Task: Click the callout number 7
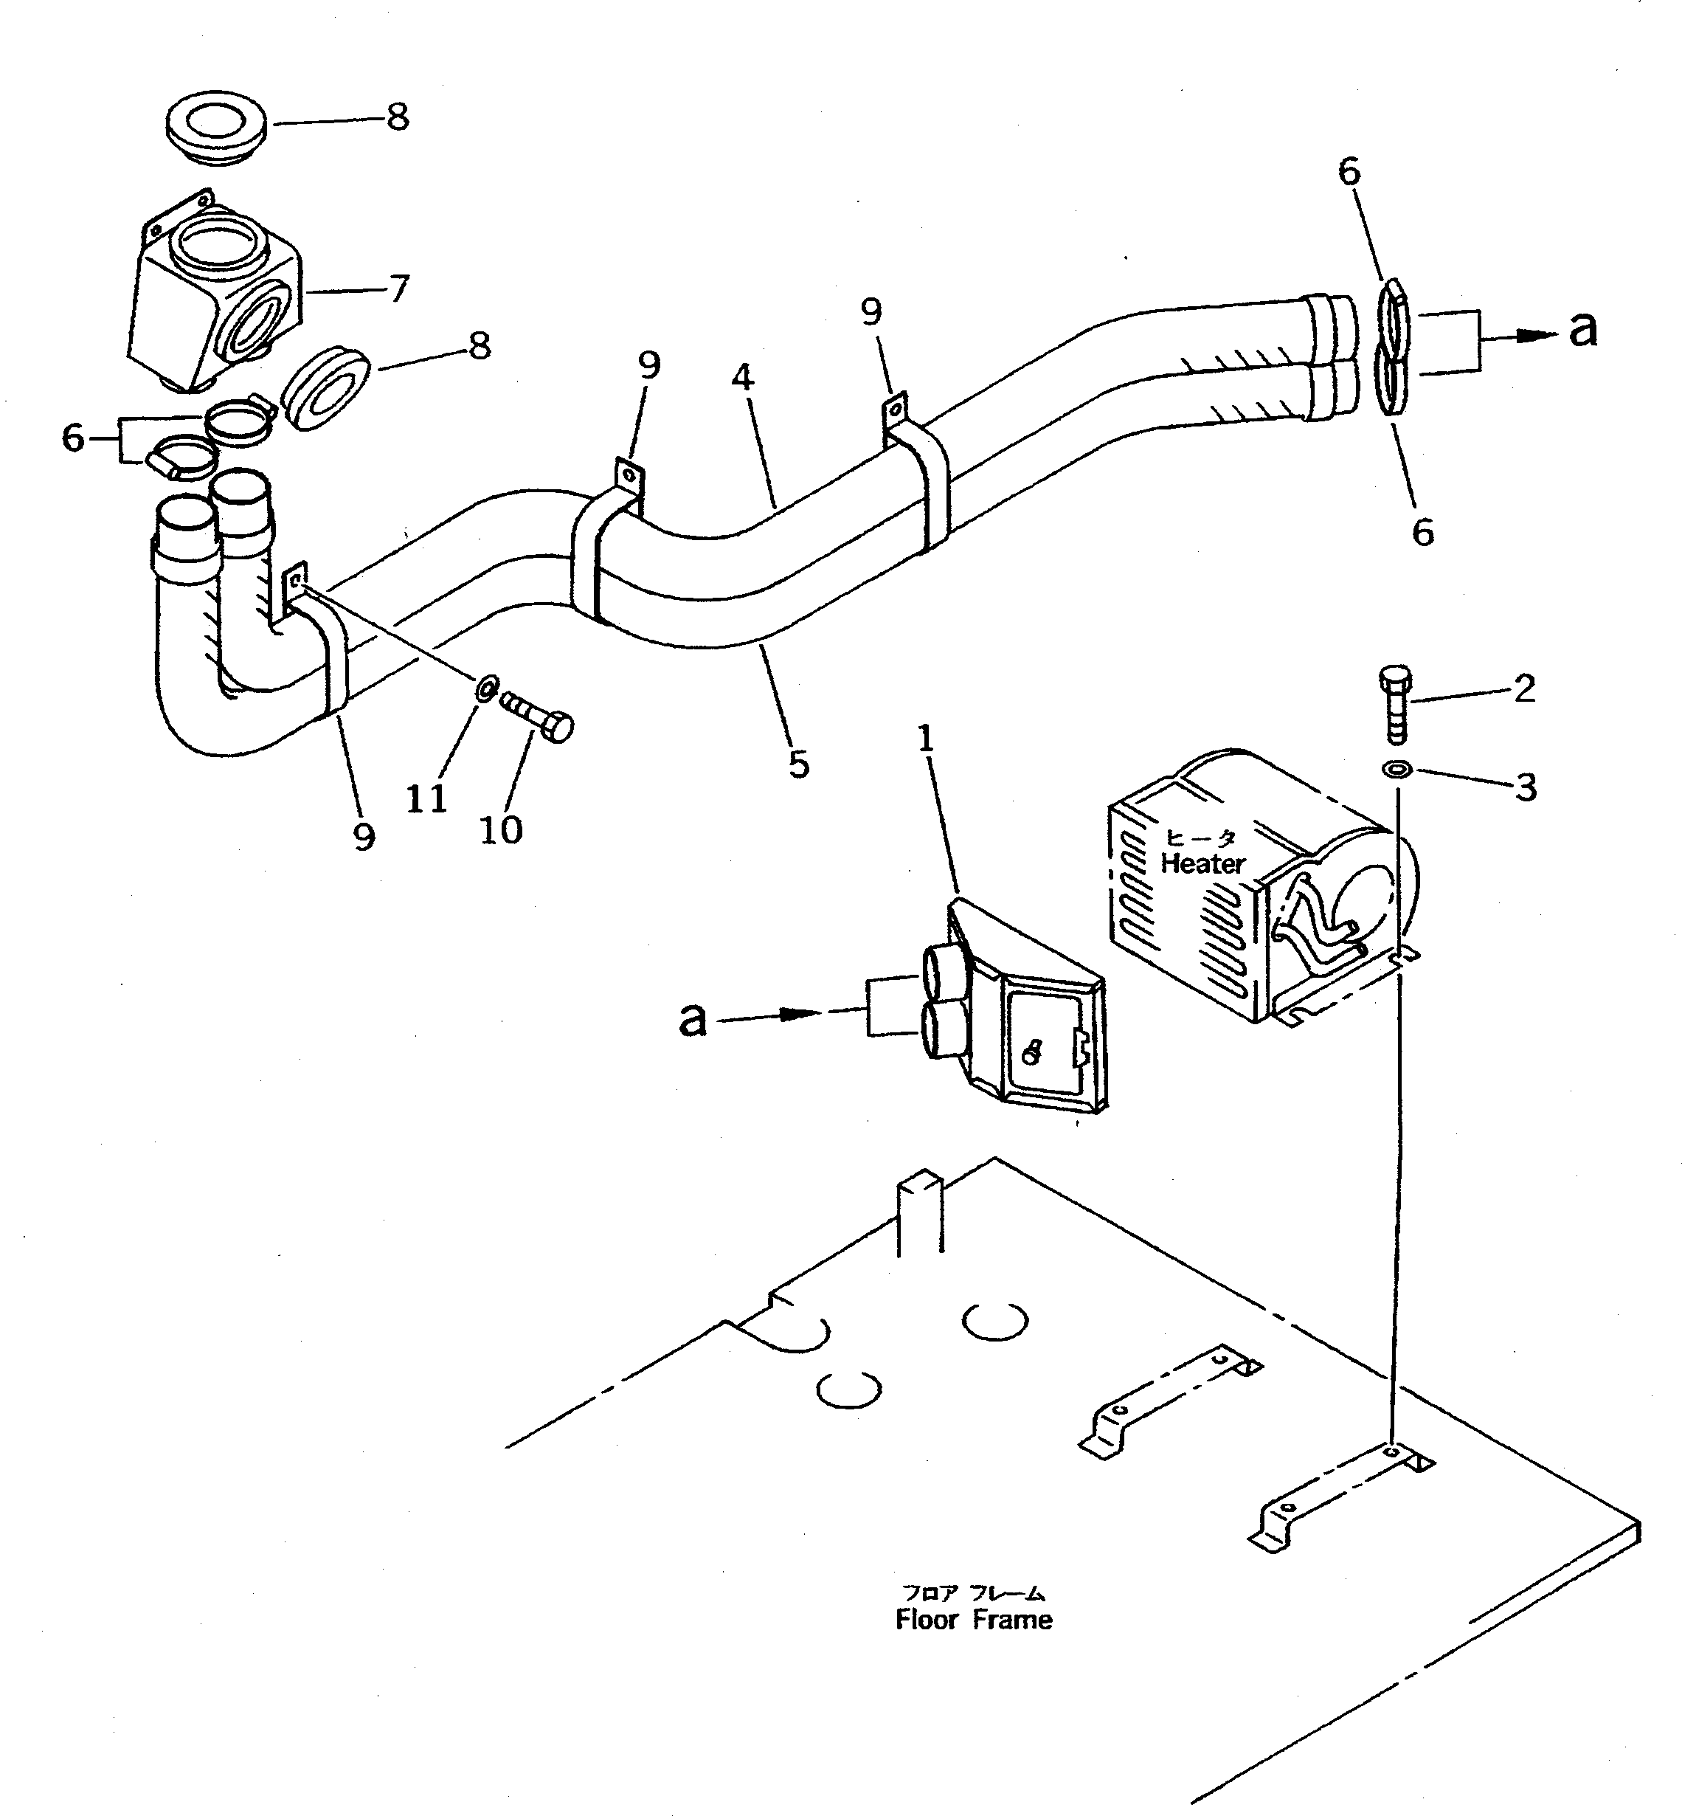(398, 289)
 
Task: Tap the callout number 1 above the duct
(926, 739)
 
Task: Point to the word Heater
(1202, 863)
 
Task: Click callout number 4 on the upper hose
(742, 377)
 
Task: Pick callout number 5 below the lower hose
(798, 765)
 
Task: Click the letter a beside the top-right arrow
(1583, 331)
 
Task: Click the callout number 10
(501, 830)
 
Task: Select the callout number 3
(1526, 787)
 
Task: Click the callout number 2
(1526, 689)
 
